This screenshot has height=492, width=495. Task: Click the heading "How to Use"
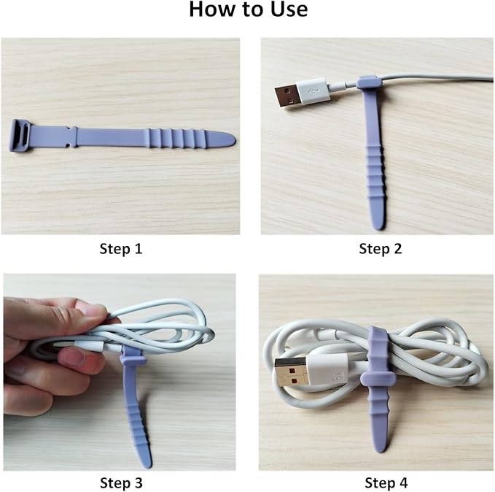(x=248, y=11)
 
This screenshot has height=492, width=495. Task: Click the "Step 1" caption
(x=120, y=249)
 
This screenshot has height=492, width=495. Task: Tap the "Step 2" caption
(x=380, y=249)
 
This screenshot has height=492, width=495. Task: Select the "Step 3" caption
(x=120, y=483)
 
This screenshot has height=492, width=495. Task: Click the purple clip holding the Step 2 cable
(x=368, y=82)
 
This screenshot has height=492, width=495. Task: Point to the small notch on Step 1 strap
(x=73, y=137)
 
